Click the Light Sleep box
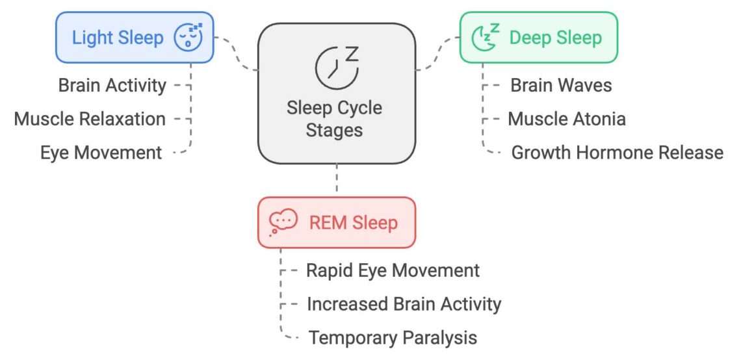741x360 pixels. [x=135, y=38]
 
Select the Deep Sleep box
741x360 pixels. [x=538, y=38]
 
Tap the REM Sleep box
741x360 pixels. [x=336, y=223]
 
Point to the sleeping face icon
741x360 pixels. [x=188, y=38]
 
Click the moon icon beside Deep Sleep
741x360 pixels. [x=484, y=38]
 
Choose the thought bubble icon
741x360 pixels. [x=283, y=222]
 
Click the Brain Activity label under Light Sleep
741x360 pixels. [x=112, y=85]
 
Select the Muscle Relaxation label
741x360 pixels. [x=90, y=119]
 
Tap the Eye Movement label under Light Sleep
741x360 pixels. [x=101, y=153]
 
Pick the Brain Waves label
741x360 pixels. [x=561, y=85]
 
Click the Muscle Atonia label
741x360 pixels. [x=567, y=119]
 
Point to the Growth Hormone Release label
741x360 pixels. [x=617, y=153]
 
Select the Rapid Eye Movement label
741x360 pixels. [x=393, y=270]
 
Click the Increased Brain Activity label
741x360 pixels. [x=404, y=304]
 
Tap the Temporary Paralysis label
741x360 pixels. [x=393, y=338]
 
